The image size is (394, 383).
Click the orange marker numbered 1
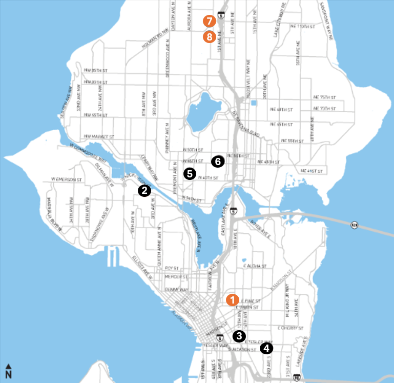(x=233, y=299)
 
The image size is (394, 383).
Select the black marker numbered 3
(x=239, y=336)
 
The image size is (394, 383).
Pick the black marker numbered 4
(x=266, y=349)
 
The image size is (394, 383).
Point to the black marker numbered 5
(x=190, y=174)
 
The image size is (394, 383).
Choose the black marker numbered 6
(x=217, y=161)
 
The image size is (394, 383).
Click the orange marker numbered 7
(x=209, y=22)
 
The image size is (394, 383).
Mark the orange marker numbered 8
(x=209, y=37)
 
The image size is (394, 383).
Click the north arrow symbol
(x=9, y=371)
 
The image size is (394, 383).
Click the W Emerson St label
(x=67, y=179)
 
